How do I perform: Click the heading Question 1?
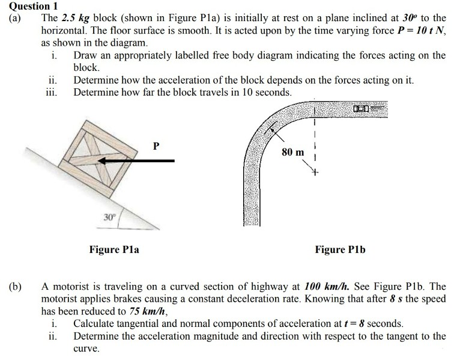tap(28, 7)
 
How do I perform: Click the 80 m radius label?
tap(293, 152)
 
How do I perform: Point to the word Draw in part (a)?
tap(85, 55)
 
